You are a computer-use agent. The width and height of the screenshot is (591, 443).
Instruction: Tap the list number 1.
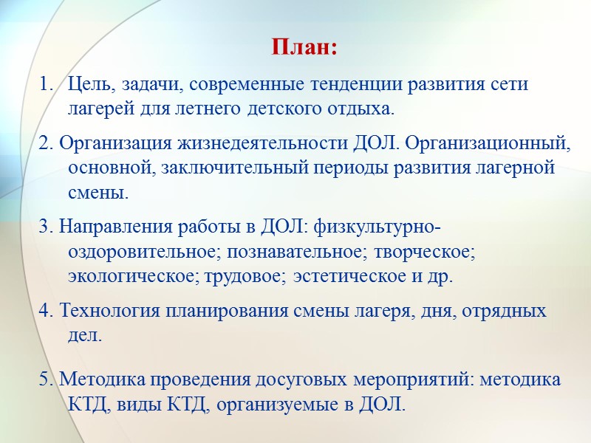pos(43,84)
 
